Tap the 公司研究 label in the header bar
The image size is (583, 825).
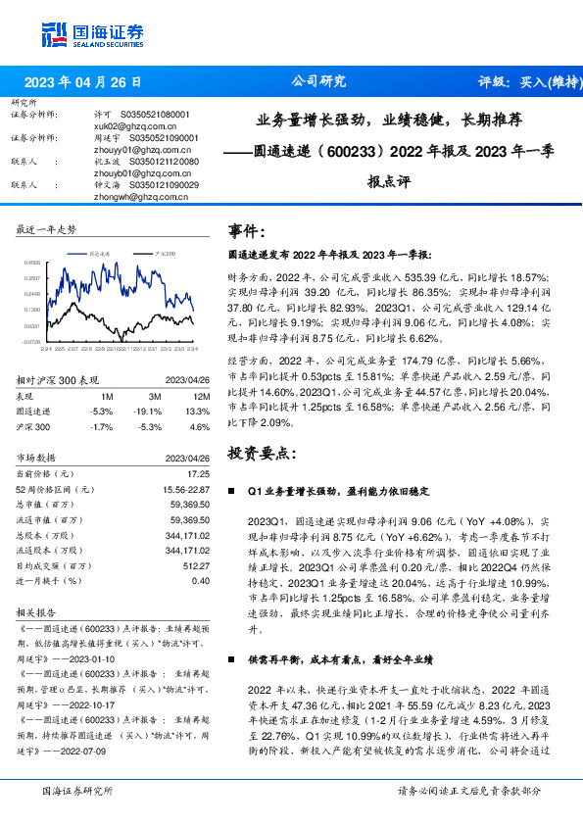pyautogui.click(x=319, y=81)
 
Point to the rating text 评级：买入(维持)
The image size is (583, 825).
pyautogui.click(x=521, y=82)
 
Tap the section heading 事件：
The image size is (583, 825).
pyautogui.click(x=247, y=231)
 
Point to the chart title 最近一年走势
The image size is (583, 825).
pyautogui.click(x=46, y=229)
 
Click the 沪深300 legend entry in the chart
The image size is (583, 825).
pyautogui.click(x=163, y=254)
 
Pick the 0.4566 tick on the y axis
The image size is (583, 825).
pyautogui.click(x=31, y=263)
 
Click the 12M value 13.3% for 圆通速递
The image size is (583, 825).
pyautogui.click(x=198, y=412)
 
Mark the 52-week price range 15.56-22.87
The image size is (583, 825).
pyautogui.click(x=183, y=488)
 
